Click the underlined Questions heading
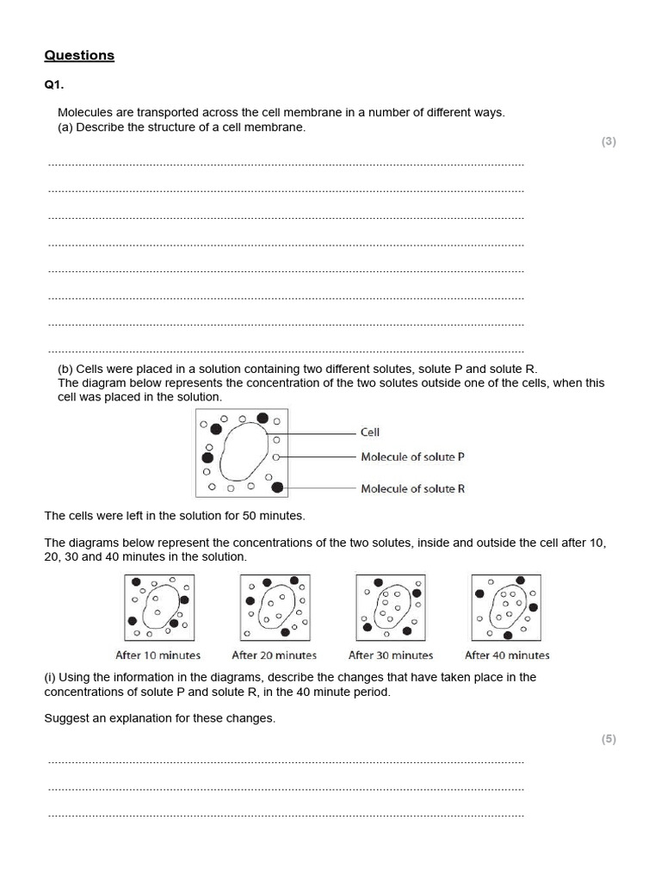(x=79, y=55)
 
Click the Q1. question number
(x=54, y=85)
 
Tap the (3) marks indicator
(x=608, y=142)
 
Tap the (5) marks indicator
(x=608, y=739)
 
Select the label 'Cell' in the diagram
(x=369, y=432)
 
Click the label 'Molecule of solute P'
(x=412, y=457)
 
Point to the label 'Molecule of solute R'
(x=412, y=488)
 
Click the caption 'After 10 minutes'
(x=158, y=655)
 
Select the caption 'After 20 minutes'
(x=274, y=655)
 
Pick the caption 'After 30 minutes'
(x=391, y=655)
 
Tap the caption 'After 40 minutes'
(x=507, y=655)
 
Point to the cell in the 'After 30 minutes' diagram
(x=392, y=606)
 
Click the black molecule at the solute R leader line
(x=277, y=488)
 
